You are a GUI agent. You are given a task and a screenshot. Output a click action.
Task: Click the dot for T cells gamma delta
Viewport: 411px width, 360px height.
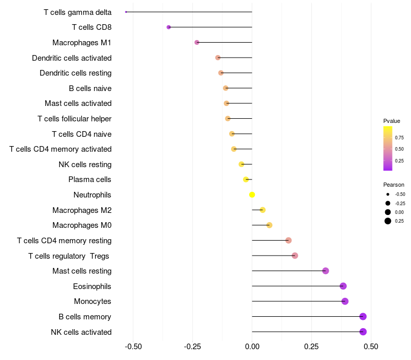126,12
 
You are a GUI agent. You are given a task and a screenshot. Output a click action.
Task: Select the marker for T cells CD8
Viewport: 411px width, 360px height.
169,27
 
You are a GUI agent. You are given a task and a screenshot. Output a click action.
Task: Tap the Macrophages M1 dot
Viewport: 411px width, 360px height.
197,42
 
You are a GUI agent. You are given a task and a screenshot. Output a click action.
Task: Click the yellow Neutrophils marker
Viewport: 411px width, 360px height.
252,194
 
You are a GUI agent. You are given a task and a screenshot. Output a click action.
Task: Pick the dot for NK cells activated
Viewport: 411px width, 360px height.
363,332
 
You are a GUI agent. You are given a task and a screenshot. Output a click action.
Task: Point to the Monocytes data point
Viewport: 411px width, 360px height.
345,301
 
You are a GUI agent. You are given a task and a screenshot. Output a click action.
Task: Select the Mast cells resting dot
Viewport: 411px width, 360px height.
325,271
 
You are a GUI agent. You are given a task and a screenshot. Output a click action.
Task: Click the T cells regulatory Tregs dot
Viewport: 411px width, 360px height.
295,256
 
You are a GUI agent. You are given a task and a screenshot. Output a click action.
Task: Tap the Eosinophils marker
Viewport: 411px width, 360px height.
343,286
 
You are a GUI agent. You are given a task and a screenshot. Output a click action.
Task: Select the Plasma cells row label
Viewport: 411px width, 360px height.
90,179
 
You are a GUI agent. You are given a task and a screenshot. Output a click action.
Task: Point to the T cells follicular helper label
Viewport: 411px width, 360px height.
74,119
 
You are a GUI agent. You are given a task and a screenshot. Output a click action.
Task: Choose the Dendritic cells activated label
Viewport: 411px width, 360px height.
71,58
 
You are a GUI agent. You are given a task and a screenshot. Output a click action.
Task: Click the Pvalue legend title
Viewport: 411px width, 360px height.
391,121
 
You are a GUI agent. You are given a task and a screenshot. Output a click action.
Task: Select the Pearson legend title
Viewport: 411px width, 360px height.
394,185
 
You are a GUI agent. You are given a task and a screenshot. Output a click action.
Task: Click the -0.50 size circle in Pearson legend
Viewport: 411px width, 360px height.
387,194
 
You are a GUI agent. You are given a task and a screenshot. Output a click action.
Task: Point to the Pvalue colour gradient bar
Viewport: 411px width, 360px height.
388,148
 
